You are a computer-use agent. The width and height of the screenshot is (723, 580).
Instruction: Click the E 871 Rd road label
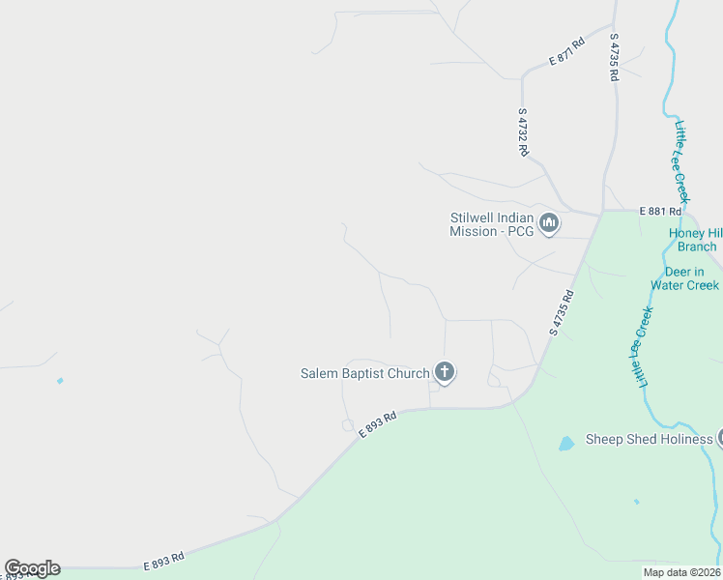567,51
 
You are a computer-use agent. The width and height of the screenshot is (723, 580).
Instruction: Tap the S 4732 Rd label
523,131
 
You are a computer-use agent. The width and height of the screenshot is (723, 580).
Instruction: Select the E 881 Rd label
660,211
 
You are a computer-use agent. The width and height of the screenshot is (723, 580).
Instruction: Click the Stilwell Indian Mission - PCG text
492,224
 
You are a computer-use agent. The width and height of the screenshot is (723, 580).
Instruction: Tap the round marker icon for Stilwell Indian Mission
549,224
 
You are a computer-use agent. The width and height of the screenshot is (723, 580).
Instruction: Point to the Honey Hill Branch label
693,240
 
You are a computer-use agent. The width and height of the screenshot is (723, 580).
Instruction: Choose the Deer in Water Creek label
684,278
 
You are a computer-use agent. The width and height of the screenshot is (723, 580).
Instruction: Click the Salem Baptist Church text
364,373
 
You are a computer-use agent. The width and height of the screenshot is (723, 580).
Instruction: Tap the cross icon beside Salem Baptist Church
445,372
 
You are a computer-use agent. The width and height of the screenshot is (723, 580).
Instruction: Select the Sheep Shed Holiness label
649,440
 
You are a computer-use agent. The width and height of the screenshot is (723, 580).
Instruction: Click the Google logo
32,568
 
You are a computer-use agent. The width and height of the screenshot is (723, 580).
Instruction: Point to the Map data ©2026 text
681,572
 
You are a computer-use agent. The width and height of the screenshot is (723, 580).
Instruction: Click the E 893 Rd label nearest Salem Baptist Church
378,425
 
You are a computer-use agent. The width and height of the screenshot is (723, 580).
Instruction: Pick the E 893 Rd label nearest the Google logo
163,560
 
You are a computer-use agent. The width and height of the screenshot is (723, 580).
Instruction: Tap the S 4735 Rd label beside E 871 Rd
614,57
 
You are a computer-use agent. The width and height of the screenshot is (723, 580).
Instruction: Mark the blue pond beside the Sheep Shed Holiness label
566,444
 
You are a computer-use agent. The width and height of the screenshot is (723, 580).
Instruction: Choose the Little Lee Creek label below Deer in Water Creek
644,347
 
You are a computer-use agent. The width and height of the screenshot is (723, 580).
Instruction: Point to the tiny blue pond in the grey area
60,381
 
